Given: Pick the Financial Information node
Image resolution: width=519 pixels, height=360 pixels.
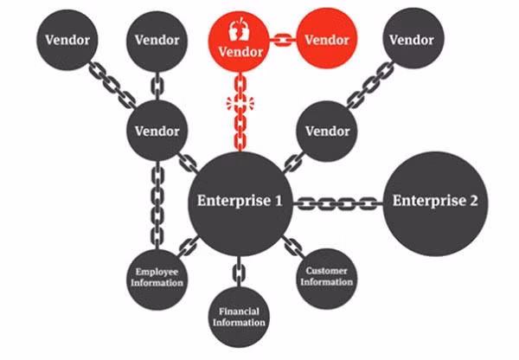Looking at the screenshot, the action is point(239,317).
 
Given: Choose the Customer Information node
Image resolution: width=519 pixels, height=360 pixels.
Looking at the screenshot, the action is point(327,279).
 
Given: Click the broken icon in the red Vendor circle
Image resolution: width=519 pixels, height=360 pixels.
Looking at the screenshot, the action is point(239,29).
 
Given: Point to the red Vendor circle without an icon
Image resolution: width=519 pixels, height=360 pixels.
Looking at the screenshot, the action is point(327,38).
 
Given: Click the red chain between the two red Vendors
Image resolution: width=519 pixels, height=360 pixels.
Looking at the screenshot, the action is point(283,40).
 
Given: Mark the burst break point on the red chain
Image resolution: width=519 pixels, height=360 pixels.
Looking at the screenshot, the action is point(240,103).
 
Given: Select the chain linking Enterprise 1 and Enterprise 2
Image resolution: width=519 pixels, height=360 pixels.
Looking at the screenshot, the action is point(338,203).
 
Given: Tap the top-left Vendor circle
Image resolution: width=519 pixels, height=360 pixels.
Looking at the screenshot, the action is point(67,40).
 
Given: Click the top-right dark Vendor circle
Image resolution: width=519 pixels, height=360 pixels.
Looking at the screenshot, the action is point(413,38).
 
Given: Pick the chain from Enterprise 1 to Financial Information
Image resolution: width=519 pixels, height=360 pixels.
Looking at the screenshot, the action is point(239,272).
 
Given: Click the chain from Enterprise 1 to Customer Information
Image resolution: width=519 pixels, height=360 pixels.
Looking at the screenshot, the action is point(292,247).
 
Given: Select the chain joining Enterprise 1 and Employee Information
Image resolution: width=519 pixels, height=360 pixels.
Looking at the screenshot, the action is point(189,247).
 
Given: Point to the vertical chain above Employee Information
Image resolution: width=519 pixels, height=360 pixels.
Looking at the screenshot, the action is point(157,205).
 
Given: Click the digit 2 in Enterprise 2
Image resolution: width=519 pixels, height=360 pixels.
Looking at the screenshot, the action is point(473,201).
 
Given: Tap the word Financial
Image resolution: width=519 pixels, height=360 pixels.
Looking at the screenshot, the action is point(239,312).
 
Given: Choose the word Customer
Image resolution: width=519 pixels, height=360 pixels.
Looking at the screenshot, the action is point(327,271).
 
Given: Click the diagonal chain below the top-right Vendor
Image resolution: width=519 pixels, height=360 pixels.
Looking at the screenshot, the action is point(371,85).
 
